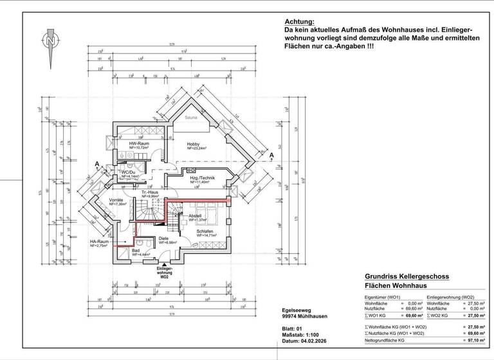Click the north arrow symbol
pos(50,46)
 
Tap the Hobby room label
pos(194,144)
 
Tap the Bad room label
pos(136,251)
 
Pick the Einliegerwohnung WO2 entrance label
pos(165,273)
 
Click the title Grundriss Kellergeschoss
pos(402,276)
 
